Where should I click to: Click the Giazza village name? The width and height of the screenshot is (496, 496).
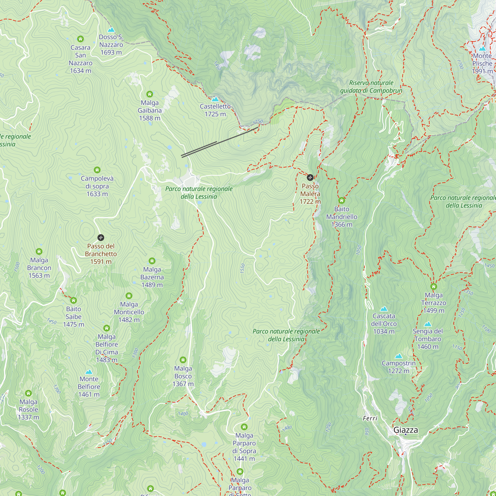point(406,430)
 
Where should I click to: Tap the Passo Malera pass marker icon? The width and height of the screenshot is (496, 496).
point(310,177)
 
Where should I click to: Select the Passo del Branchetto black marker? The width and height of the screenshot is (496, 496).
point(101,238)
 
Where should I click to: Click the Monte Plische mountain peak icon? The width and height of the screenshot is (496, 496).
point(482,49)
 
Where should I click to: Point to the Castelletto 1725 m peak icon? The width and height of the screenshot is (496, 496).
point(215,99)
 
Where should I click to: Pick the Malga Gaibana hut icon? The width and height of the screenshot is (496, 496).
point(150,94)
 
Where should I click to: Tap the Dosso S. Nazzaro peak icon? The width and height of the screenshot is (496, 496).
point(111,30)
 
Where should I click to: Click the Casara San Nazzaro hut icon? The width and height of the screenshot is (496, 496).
point(80,39)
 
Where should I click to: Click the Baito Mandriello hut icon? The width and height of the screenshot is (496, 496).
point(341,200)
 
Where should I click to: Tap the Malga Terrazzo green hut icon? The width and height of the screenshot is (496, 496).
point(434,286)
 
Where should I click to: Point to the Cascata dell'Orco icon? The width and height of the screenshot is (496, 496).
point(384,309)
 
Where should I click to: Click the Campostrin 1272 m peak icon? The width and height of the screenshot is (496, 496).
point(399,356)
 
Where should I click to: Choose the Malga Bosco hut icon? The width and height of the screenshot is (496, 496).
point(183,360)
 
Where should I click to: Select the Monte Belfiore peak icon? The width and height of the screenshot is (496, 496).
point(89,372)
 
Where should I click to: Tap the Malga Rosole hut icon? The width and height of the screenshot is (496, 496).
point(29,393)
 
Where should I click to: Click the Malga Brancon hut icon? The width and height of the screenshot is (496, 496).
point(39,251)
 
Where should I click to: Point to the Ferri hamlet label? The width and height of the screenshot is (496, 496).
point(370,418)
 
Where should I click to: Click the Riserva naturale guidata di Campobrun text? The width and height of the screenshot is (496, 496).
point(371,87)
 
